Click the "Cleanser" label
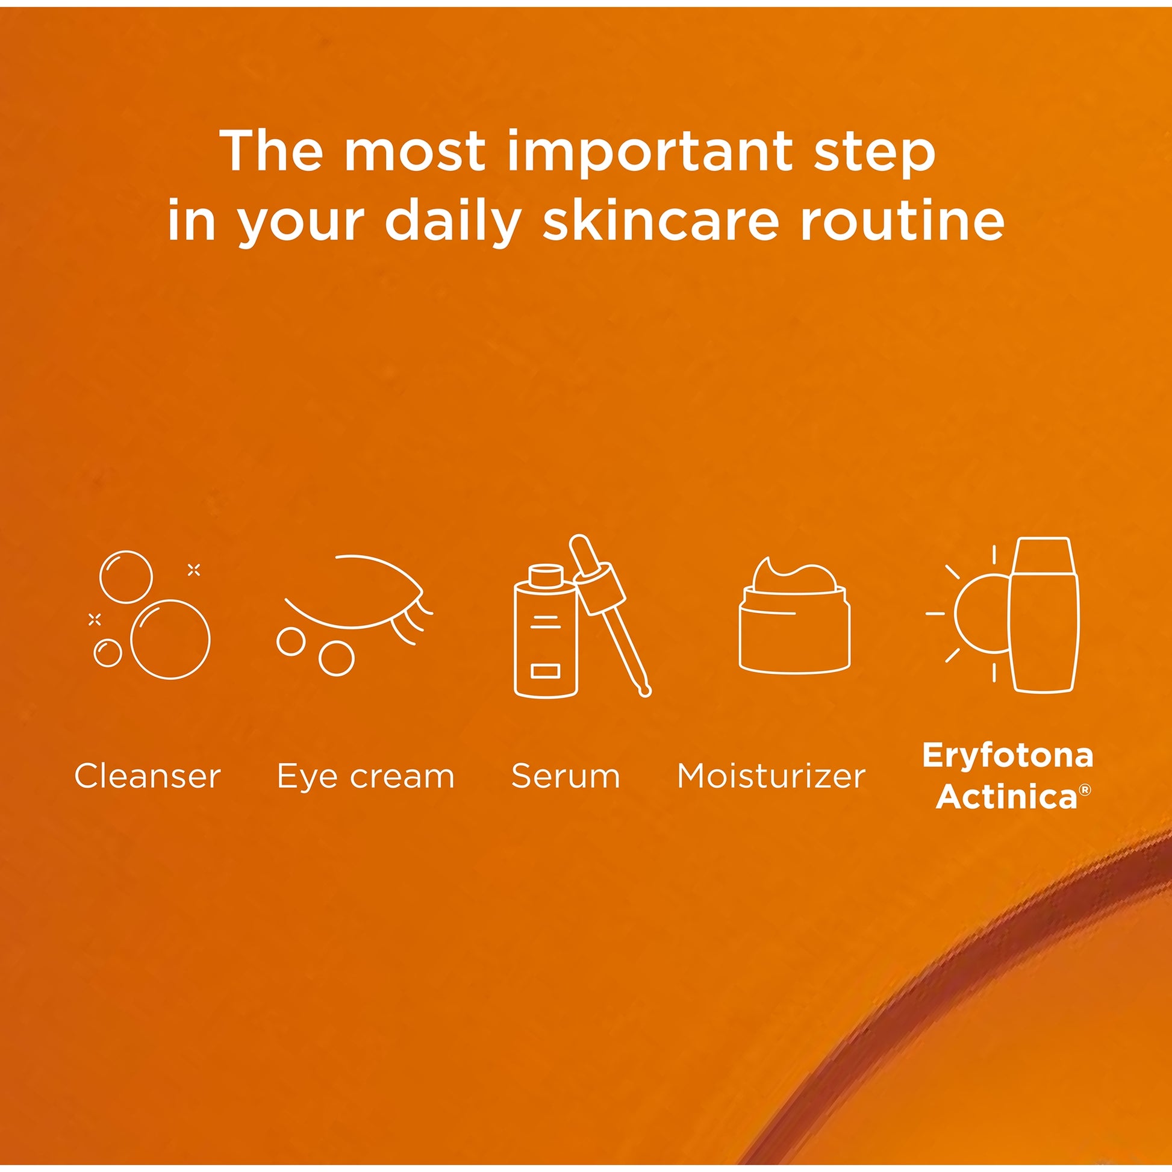(x=148, y=776)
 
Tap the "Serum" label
(x=566, y=776)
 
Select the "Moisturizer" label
(x=771, y=776)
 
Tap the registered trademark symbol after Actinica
(x=1085, y=789)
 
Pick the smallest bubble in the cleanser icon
(x=108, y=653)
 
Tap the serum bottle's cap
(x=546, y=575)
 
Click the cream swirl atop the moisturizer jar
(x=794, y=575)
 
